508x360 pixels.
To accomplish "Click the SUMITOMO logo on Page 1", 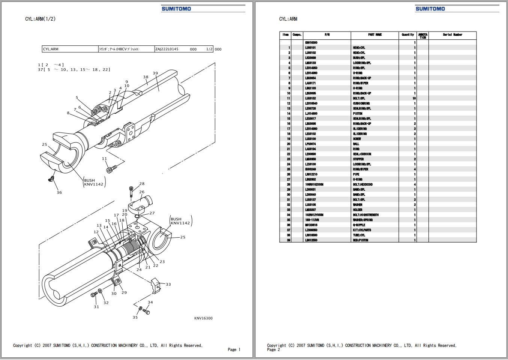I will pos(176,9).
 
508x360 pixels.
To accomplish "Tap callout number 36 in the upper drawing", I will pos(59,193).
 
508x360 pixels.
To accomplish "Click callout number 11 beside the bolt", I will pos(105,159).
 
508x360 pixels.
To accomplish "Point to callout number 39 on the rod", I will pos(155,73).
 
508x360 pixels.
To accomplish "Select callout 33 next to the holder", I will pos(168,285).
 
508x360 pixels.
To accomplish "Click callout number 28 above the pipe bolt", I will pos(142,184).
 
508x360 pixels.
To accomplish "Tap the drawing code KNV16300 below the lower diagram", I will pos(203,318).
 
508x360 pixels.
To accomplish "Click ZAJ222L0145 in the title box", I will pos(167,49).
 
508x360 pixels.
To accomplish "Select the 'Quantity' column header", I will pos(408,35).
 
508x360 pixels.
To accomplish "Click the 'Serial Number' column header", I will pos(452,35).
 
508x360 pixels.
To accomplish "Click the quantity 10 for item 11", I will pos(414,98).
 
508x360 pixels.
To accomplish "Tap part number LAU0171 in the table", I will pos(310,83).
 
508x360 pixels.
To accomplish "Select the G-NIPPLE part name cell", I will pos(359,225).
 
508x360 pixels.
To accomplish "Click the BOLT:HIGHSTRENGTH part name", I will pos(365,215).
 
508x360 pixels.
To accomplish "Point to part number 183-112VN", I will pos(312,220).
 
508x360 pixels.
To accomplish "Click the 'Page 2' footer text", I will pos(274,350).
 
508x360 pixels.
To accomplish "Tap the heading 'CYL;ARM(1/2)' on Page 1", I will pos(40,19).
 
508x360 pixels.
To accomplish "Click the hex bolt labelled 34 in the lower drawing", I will pos(147,312).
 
